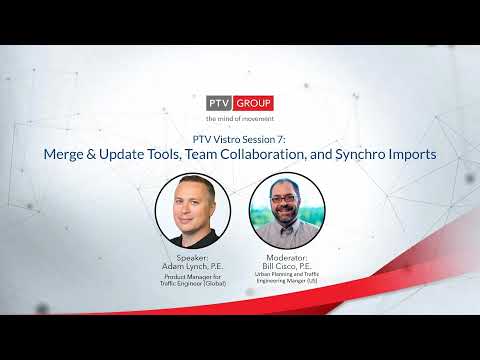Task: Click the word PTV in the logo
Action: point(219,103)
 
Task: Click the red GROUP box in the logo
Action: point(255,103)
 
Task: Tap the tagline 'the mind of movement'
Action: point(239,119)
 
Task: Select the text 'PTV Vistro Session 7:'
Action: point(239,140)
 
